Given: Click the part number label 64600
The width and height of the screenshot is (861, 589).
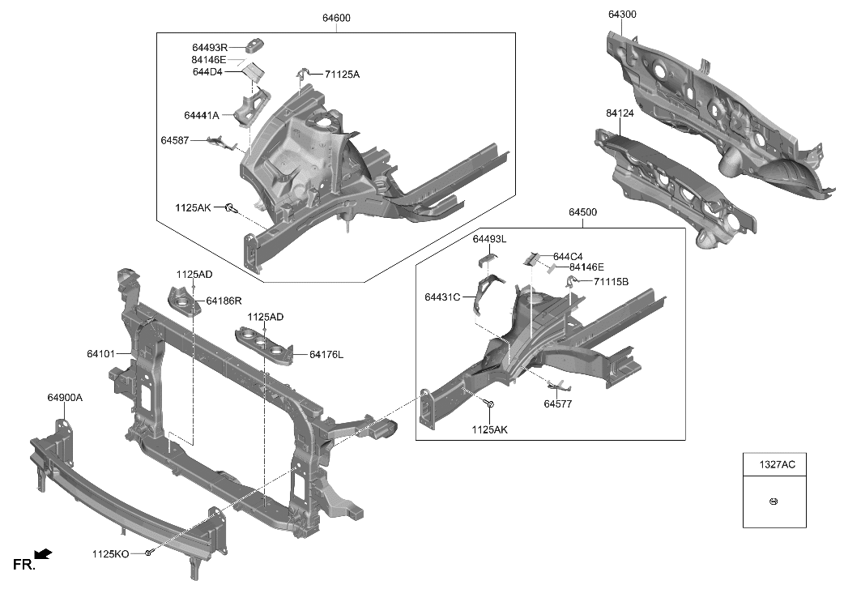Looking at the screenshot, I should pyautogui.click(x=335, y=18).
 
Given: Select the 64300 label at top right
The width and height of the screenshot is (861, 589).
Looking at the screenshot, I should pyautogui.click(x=622, y=15).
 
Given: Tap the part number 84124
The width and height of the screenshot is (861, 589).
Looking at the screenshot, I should pyautogui.click(x=620, y=113).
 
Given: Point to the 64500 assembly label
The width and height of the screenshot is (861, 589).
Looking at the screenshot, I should pyautogui.click(x=582, y=212).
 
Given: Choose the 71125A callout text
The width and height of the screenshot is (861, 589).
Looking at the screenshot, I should pyautogui.click(x=342, y=75).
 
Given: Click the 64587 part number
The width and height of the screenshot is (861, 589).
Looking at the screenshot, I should pyautogui.click(x=175, y=141).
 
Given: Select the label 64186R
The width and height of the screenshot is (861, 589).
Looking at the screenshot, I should pyautogui.click(x=224, y=301).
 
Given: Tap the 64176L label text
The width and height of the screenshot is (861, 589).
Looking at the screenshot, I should pyautogui.click(x=326, y=354).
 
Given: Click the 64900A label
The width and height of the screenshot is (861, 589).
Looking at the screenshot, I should pyautogui.click(x=65, y=397).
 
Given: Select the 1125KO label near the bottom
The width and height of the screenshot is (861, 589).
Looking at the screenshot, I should pyautogui.click(x=110, y=554).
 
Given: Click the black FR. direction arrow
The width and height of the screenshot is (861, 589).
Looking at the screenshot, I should pyautogui.click(x=44, y=554).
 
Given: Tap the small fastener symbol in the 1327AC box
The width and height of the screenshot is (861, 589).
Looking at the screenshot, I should pyautogui.click(x=774, y=502).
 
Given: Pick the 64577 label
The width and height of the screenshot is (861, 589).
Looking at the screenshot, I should pyautogui.click(x=558, y=403).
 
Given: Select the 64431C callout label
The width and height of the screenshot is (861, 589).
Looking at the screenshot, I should pyautogui.click(x=442, y=297).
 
